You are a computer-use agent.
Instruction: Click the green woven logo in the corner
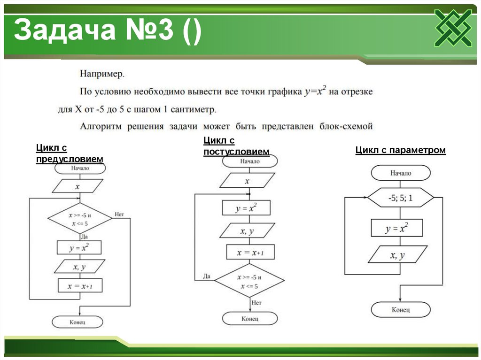(x=453, y=28)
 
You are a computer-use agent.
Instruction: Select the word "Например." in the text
(x=102, y=74)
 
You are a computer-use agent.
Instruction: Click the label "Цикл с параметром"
(x=400, y=150)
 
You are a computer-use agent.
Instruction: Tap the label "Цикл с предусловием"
(x=69, y=153)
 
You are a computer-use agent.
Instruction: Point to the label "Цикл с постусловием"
(x=236, y=146)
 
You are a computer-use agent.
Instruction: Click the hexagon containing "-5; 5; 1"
(x=400, y=198)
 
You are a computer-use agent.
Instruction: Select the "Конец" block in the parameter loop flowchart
(x=401, y=310)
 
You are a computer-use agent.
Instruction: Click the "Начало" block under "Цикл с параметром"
(x=400, y=173)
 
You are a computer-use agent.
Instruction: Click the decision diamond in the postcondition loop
(x=250, y=281)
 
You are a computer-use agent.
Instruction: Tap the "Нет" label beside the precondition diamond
(x=119, y=214)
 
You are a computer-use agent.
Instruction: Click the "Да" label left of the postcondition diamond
(x=207, y=276)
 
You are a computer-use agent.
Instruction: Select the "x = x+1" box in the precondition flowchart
(x=80, y=285)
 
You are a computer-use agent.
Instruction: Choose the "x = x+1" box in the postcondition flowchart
(x=250, y=253)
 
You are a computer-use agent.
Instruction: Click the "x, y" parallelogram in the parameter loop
(x=397, y=256)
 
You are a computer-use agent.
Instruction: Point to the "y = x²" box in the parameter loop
(x=397, y=229)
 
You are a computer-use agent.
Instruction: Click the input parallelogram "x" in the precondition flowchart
(x=78, y=187)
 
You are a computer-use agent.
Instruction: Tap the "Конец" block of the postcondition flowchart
(x=250, y=319)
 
